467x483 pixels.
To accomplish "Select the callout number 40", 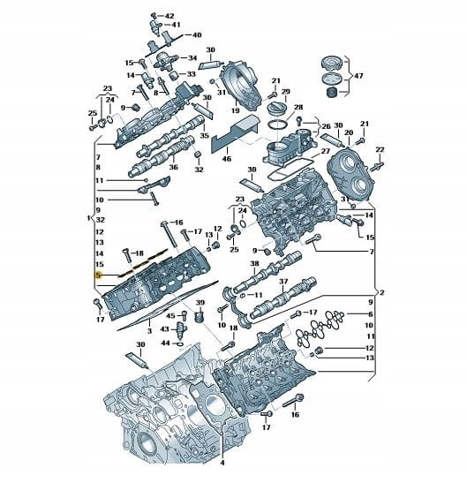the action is [197, 34].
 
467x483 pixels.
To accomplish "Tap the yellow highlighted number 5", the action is [98, 275].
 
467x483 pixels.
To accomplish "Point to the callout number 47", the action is [358, 75].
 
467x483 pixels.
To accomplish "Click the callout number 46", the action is [226, 159].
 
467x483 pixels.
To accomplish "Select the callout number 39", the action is [200, 303].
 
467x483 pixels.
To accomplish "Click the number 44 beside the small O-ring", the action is [166, 343].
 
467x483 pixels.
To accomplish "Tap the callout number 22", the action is [380, 149].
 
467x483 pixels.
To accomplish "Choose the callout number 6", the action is [370, 314].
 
